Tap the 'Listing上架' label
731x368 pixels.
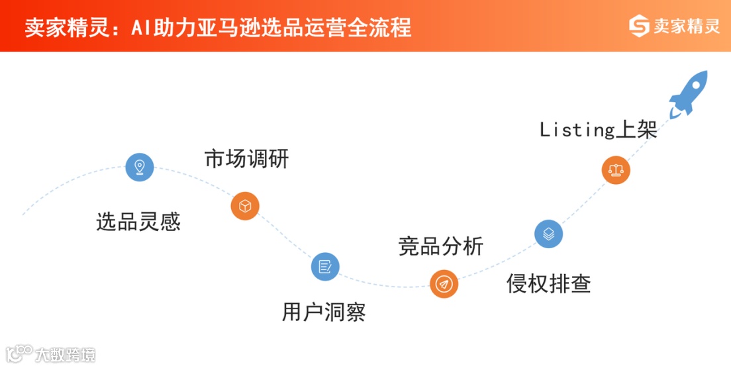click(x=598, y=130)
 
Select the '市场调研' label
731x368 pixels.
click(x=246, y=160)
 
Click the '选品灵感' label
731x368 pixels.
click(x=138, y=222)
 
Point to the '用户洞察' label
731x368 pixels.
click(x=323, y=312)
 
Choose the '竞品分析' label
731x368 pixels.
click(x=440, y=246)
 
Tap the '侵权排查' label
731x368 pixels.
click(x=548, y=283)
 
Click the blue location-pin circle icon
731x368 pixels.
click(x=139, y=167)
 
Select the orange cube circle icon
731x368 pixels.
click(x=245, y=206)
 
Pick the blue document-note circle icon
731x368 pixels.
click(x=325, y=267)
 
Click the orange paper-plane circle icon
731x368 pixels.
click(x=444, y=285)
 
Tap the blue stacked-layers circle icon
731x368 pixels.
click(x=548, y=234)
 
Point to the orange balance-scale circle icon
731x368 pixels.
click(x=616, y=170)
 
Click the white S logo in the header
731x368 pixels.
click(x=639, y=26)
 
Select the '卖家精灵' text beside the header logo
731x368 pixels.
click(x=686, y=26)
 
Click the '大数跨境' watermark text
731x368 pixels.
click(x=66, y=355)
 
